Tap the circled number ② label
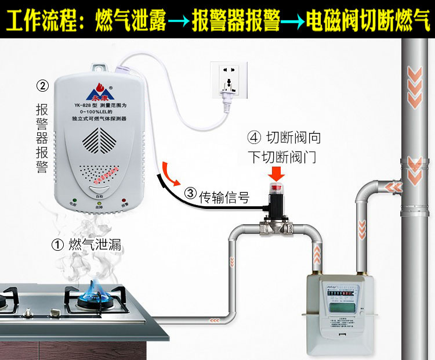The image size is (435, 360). coord(42,86)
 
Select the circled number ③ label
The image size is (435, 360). coord(190,193)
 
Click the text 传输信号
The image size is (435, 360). coord(224,197)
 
